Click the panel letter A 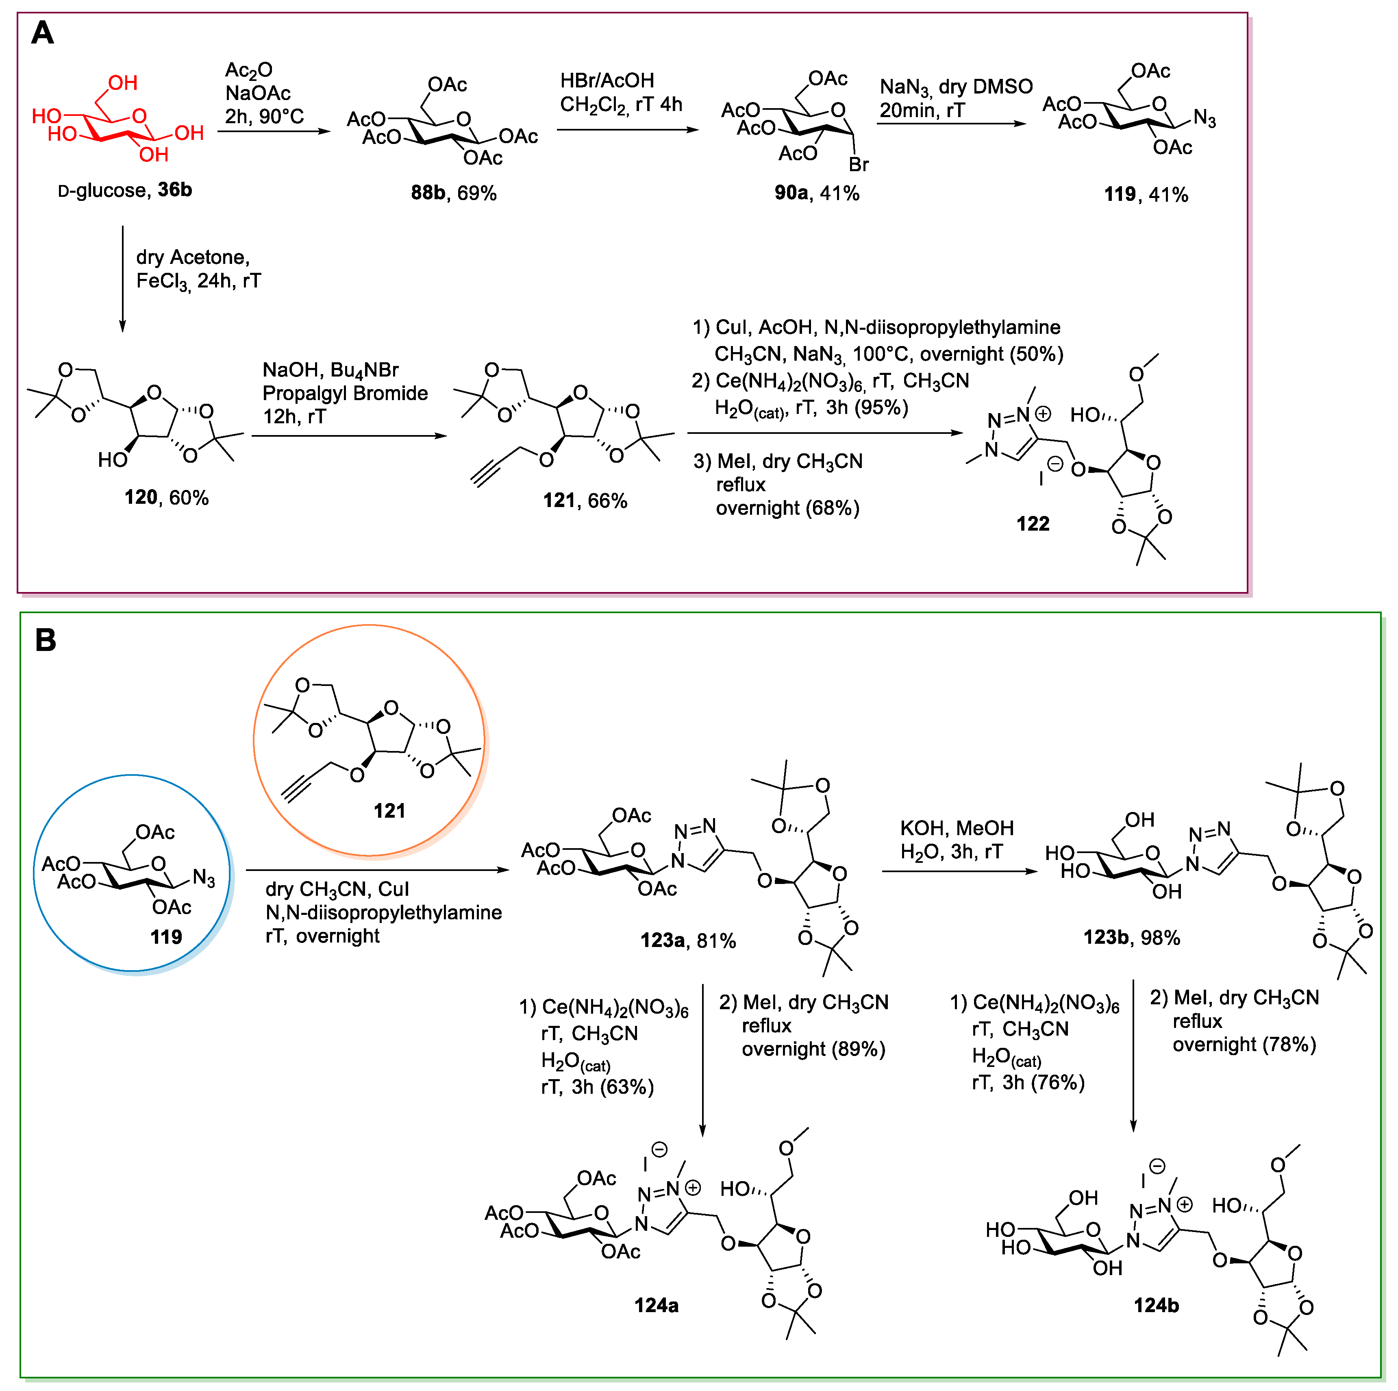[43, 33]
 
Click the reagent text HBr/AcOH [607, 81]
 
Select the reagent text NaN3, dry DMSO [956, 87]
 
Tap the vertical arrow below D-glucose [122, 279]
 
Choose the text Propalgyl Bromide [345, 393]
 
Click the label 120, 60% [166, 498]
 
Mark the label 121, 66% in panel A [585, 501]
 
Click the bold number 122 [1033, 524]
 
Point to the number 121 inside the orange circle [389, 811]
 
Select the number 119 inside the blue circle [166, 937]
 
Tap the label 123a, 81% [687, 941]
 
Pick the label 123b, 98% [1131, 938]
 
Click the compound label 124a [656, 1306]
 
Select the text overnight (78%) [1244, 1044]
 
